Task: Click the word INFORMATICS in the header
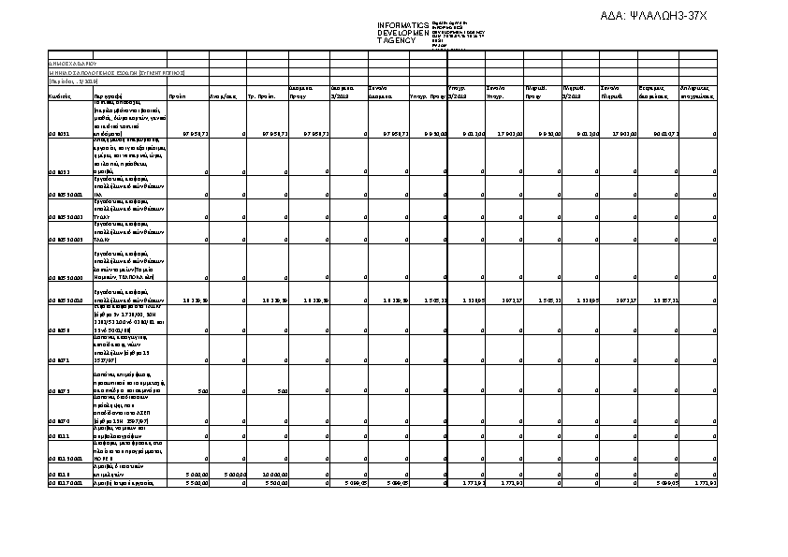pyautogui.click(x=402, y=25)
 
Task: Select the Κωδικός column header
pyautogui.click(x=61, y=95)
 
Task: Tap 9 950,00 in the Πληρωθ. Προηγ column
pyautogui.click(x=544, y=134)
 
